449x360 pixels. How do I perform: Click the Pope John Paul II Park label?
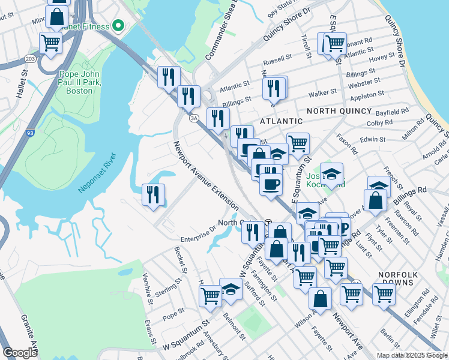[x=76, y=82]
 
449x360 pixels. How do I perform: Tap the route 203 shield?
[x=29, y=58]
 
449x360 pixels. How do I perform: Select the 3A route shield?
[x=194, y=118]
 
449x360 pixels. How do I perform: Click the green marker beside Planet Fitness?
[x=118, y=26]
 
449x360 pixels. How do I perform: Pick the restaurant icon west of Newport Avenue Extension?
[x=153, y=194]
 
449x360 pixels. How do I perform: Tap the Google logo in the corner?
[x=20, y=353]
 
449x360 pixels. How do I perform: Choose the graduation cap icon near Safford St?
[x=231, y=288]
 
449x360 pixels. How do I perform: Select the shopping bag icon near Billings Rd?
[x=375, y=201]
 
